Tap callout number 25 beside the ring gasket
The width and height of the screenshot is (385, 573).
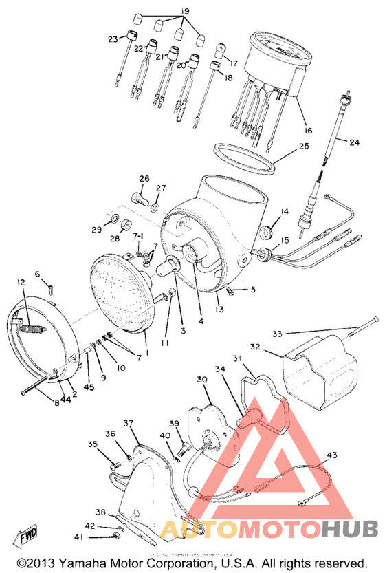pos(305,147)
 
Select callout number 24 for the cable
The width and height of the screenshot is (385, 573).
pos(355,143)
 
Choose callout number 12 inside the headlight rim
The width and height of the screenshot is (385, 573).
pos(21,282)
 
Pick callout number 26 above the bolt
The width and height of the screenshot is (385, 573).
pos(144,180)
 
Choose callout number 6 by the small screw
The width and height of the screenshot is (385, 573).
pos(38,274)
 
